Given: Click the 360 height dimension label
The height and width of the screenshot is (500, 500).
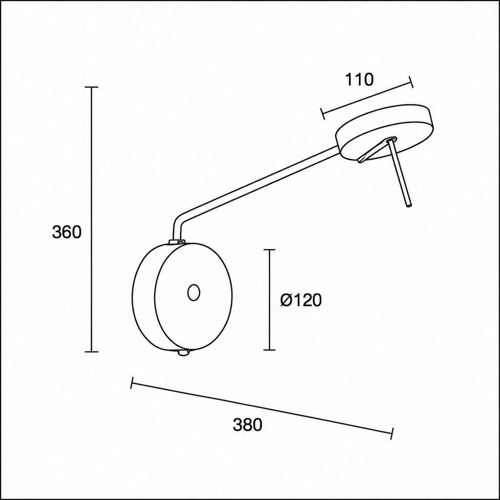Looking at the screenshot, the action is [67, 232].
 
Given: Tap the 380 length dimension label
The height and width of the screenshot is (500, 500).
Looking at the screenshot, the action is [248, 425].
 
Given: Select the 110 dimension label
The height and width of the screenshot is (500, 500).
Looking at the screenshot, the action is [359, 80].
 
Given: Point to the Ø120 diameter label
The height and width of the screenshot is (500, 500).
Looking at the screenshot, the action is [301, 300].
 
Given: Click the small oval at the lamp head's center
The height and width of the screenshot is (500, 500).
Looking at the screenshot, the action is [193, 292].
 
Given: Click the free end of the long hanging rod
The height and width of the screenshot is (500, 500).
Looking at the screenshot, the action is [409, 205].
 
